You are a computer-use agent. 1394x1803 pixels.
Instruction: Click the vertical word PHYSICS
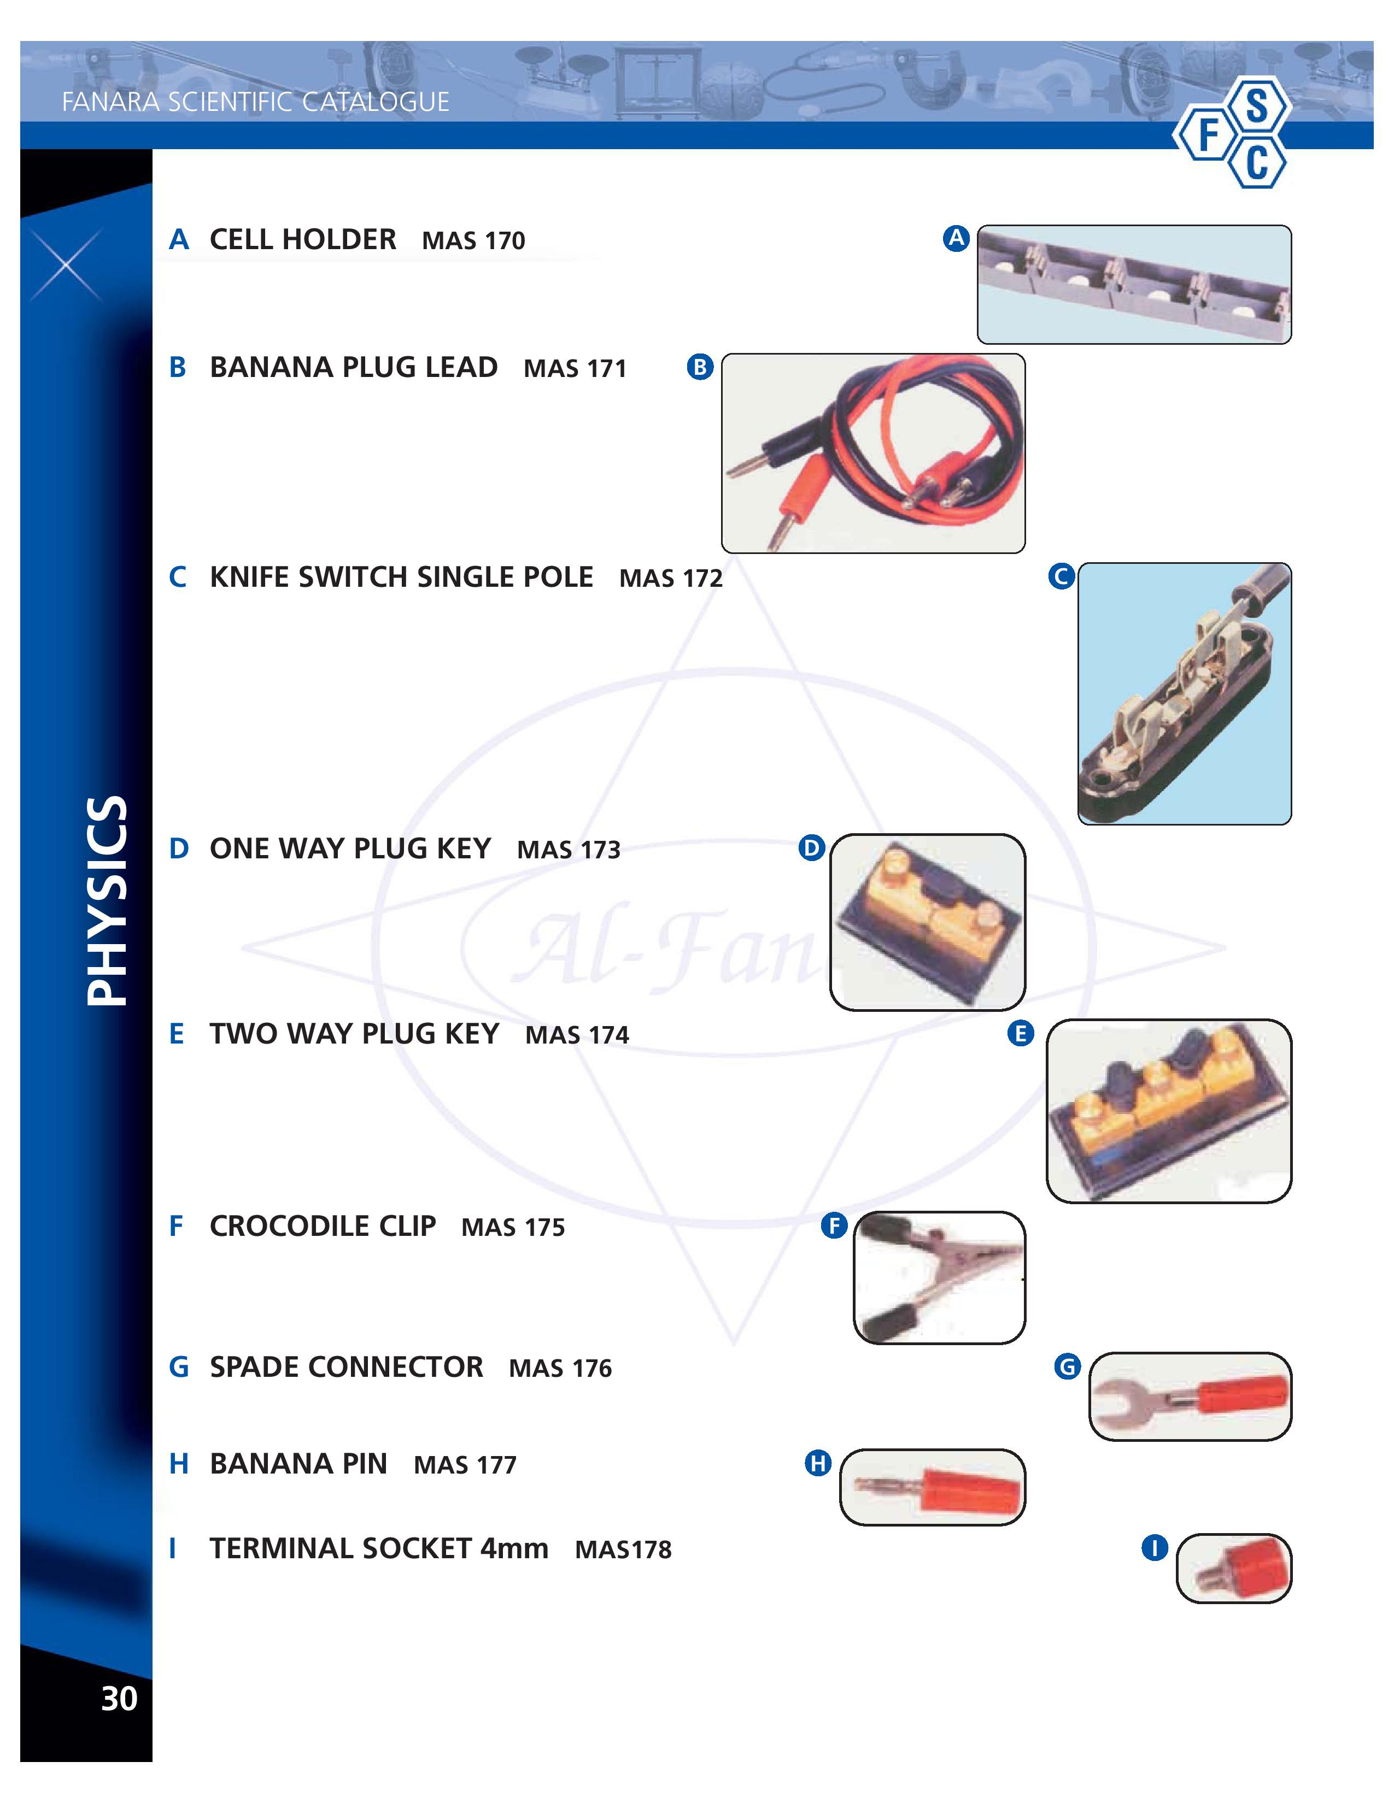pyautogui.click(x=107, y=900)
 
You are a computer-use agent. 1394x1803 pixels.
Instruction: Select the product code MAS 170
pyautogui.click(x=473, y=240)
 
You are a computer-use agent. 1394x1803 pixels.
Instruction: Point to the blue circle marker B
pyautogui.click(x=700, y=367)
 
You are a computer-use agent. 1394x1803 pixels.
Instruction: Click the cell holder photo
pyautogui.click(x=1134, y=284)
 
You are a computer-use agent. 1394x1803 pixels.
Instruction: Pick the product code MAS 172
pyautogui.click(x=671, y=578)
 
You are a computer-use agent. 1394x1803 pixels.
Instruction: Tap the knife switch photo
pyautogui.click(x=1184, y=693)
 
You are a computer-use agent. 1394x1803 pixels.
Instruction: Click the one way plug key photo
pyautogui.click(x=927, y=921)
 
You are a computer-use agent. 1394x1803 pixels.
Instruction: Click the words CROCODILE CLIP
pyautogui.click(x=323, y=1226)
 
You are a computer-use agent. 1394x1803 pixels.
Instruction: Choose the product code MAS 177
pyautogui.click(x=465, y=1464)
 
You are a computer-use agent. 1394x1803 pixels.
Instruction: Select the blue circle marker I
pyautogui.click(x=1155, y=1547)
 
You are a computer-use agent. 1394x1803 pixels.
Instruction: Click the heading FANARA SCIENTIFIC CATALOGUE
pyautogui.click(x=256, y=102)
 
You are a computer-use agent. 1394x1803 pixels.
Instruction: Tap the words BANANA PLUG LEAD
pyautogui.click(x=354, y=367)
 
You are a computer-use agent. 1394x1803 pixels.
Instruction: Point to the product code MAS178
pyautogui.click(x=624, y=1549)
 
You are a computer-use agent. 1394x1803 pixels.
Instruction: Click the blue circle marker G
pyautogui.click(x=1068, y=1366)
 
